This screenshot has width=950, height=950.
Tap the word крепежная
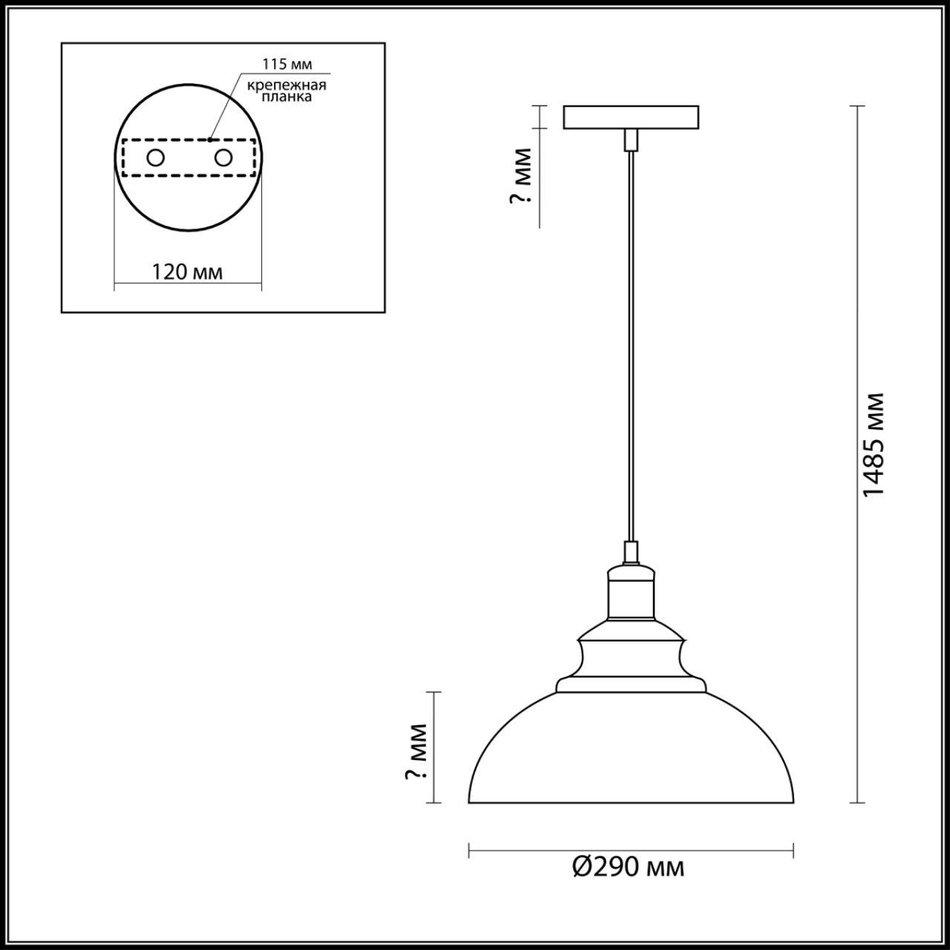pos(287,85)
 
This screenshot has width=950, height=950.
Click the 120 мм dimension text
pos(187,272)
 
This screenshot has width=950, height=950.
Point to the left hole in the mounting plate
pos(155,158)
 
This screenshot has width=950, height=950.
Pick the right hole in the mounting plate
pos(223,158)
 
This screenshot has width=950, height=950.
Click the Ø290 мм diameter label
pos(629,867)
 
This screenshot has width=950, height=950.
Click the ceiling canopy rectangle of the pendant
pos(631,117)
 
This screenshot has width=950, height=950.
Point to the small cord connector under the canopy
pos(631,139)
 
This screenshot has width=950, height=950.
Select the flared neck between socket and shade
pos(631,657)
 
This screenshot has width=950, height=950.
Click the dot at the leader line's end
pos(210,138)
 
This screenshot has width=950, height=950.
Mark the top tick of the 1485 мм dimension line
pos(858,107)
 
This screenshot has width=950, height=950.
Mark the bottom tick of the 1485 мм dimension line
pos(858,803)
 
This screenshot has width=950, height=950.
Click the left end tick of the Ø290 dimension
pos(469,851)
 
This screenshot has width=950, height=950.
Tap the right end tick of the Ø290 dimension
pos(793,851)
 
